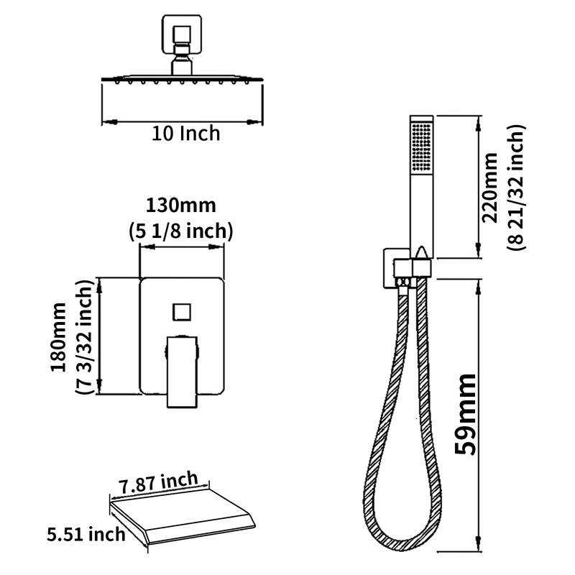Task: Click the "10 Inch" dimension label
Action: coord(185,134)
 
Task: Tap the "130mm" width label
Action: coord(181,205)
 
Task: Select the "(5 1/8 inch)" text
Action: coord(181,231)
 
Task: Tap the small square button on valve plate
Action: coord(180,313)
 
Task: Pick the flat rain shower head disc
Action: coord(180,78)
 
